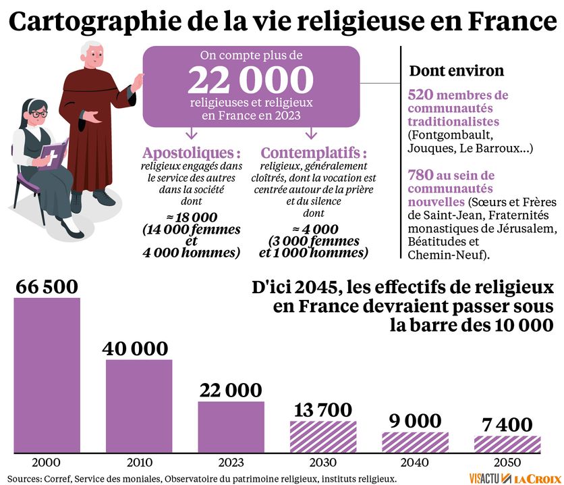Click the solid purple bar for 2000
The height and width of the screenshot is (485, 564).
coord(47,375)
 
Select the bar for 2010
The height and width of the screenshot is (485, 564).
coord(138,405)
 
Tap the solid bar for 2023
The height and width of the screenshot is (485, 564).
coord(230,427)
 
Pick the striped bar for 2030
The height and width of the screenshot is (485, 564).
coord(323,436)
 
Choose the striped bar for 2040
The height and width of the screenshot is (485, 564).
coord(415,442)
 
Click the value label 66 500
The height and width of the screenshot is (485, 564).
coord(47,286)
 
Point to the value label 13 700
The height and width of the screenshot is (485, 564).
coord(322,409)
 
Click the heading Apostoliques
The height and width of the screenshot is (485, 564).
coord(192,152)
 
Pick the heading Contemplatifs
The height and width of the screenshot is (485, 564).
coord(314,152)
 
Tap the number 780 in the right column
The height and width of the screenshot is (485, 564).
coord(421,175)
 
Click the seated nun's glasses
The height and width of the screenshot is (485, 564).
coord(38,114)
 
